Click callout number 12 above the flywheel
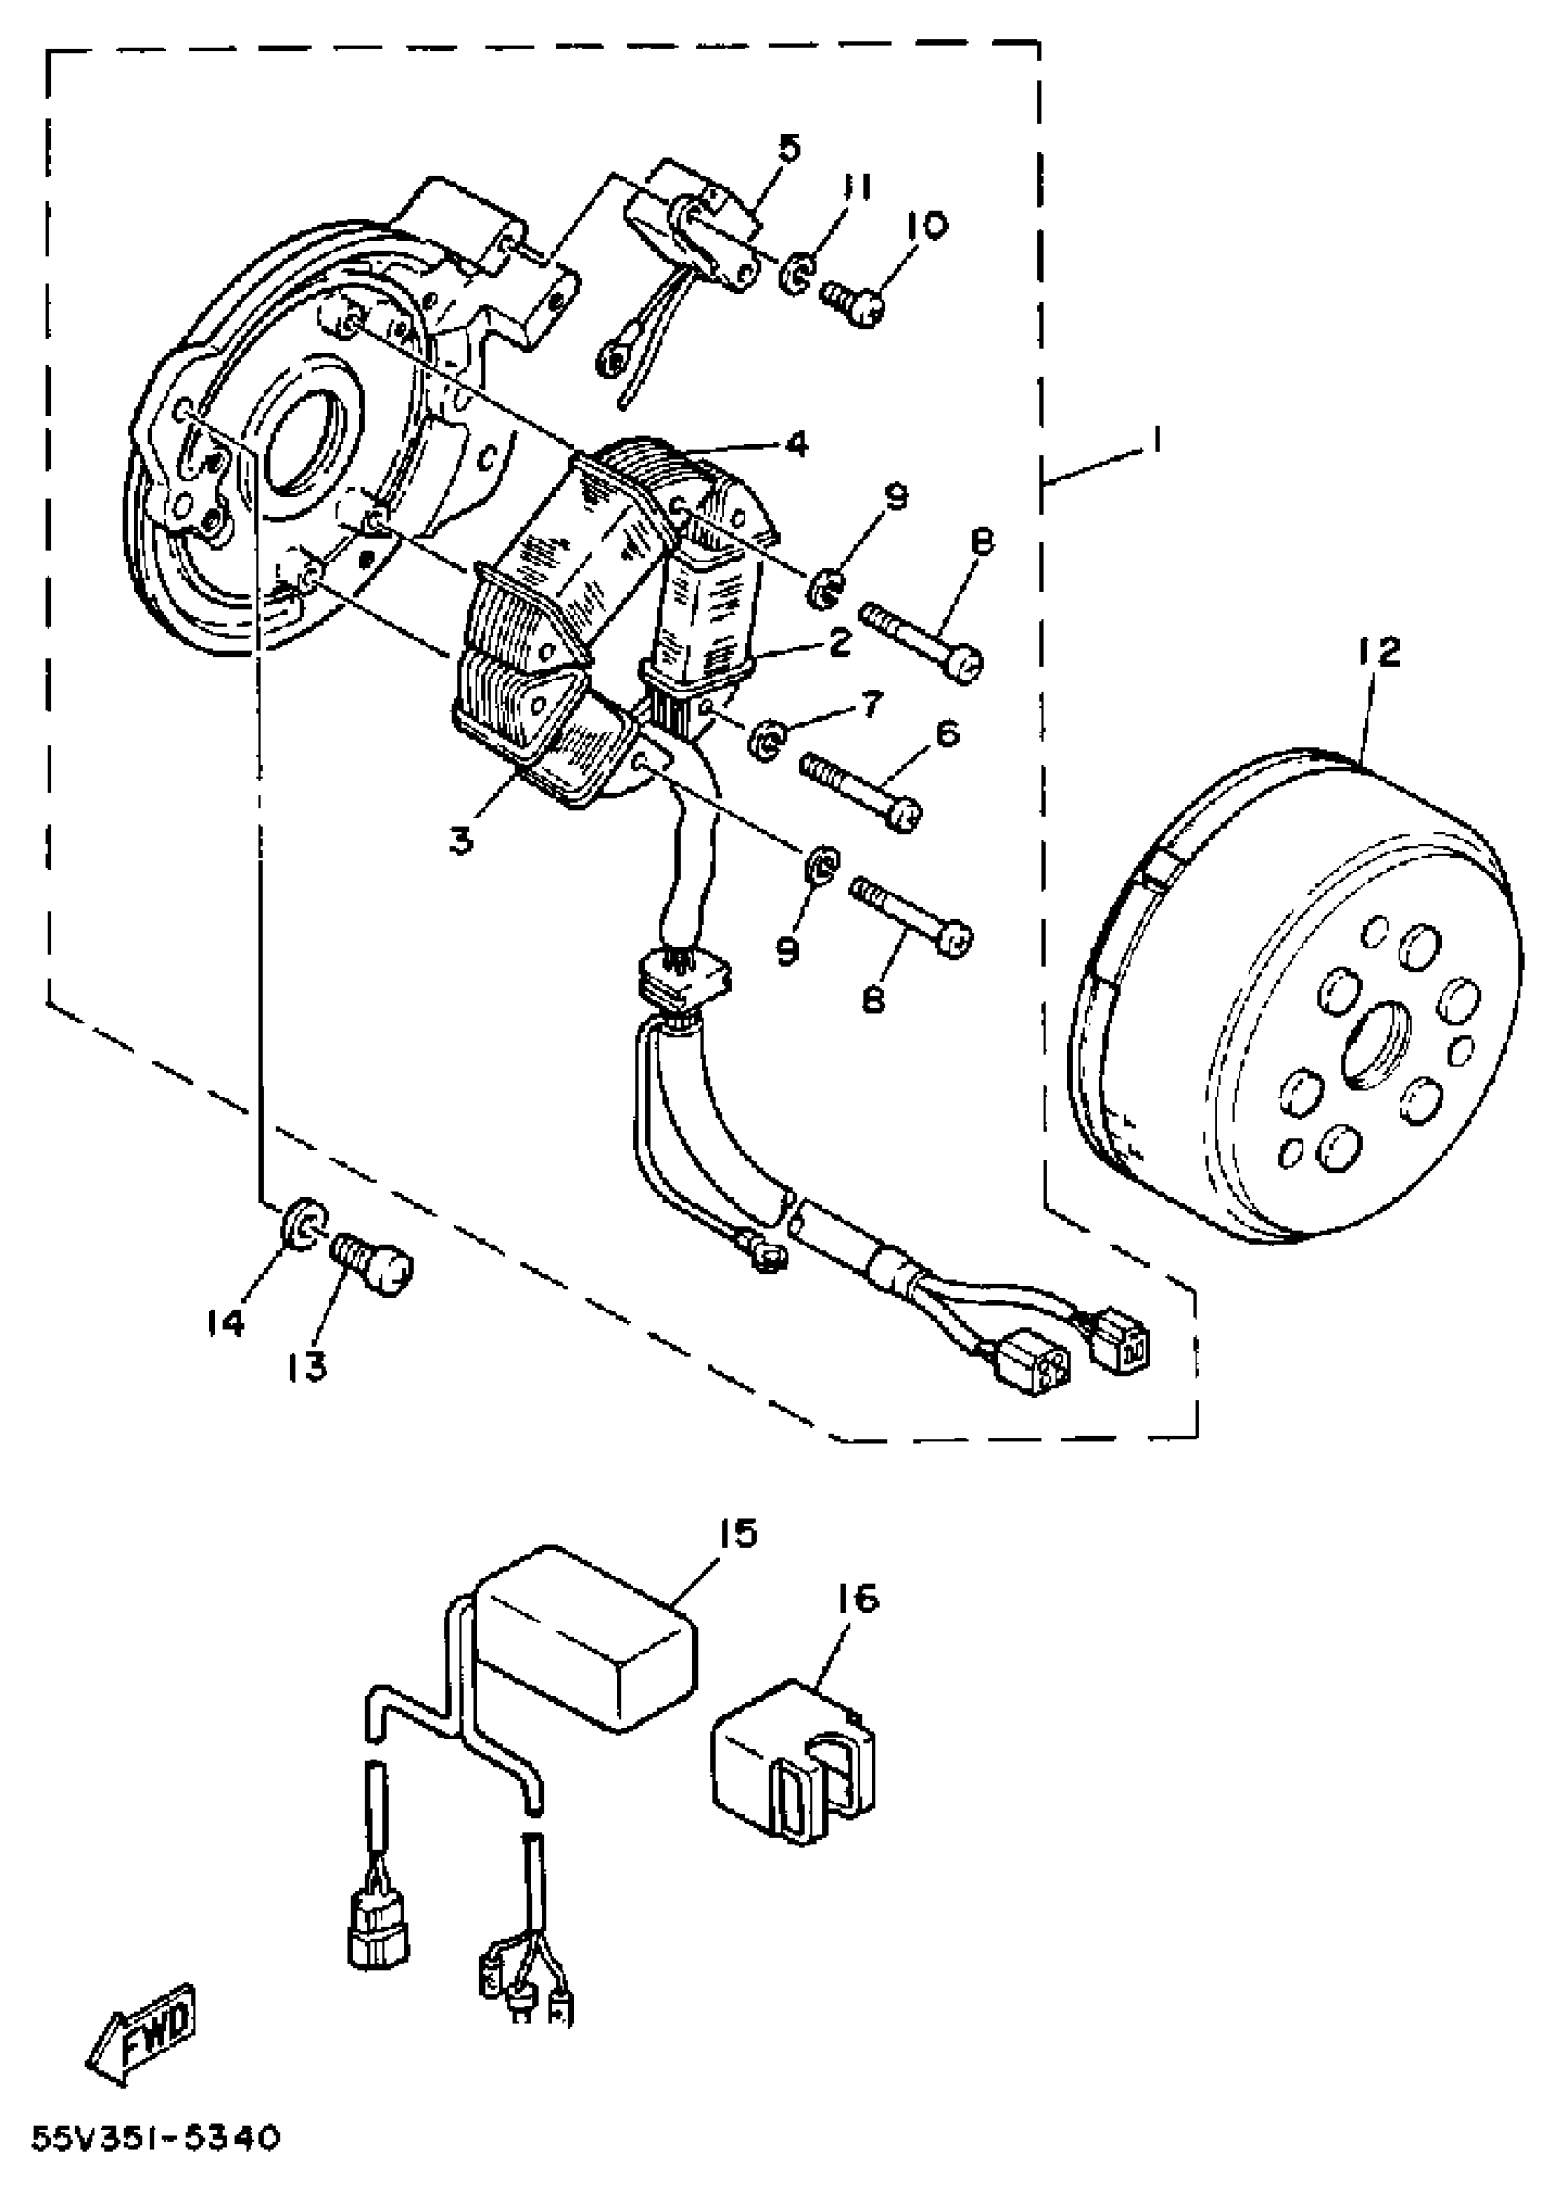tap(1378, 653)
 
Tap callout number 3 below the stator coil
tap(462, 841)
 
